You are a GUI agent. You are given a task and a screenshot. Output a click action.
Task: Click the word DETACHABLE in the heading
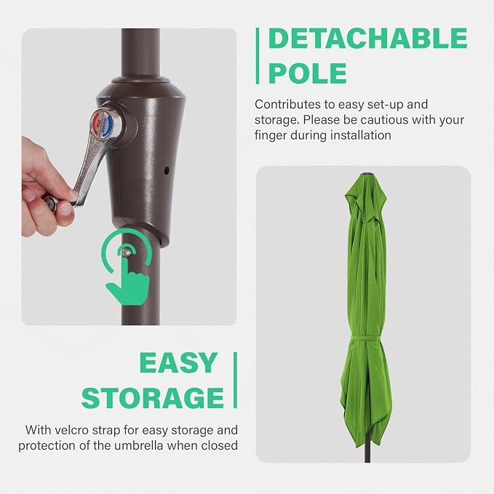coord(367,39)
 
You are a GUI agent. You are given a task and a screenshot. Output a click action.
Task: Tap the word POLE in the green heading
coord(308,73)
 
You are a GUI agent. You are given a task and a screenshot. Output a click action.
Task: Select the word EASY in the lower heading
coord(178,363)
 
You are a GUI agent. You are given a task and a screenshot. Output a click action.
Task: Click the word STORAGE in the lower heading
coord(153,397)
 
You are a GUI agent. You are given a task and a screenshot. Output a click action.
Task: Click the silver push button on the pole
coord(127,252)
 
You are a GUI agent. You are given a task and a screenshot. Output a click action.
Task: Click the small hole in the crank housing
coord(167,171)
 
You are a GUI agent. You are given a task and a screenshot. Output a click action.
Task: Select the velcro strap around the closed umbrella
coord(365,338)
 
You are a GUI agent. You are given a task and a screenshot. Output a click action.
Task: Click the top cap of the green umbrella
coord(366,174)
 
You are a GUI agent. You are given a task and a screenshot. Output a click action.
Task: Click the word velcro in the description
coord(71,430)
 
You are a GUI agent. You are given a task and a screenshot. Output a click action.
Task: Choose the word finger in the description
coord(271,136)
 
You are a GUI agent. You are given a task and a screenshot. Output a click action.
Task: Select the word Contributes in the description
coord(284,105)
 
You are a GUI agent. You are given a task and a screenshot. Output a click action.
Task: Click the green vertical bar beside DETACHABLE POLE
coord(258,56)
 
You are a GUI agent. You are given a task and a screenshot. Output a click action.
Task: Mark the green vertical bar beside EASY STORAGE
coord(235,381)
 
